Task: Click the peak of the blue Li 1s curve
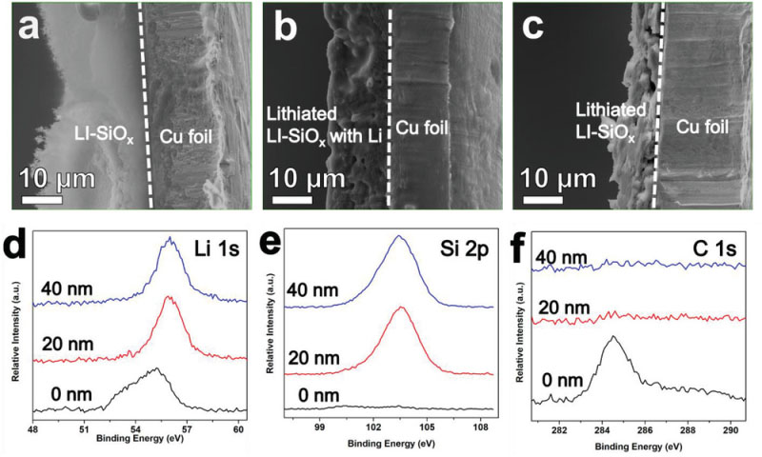pos(169,238)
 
